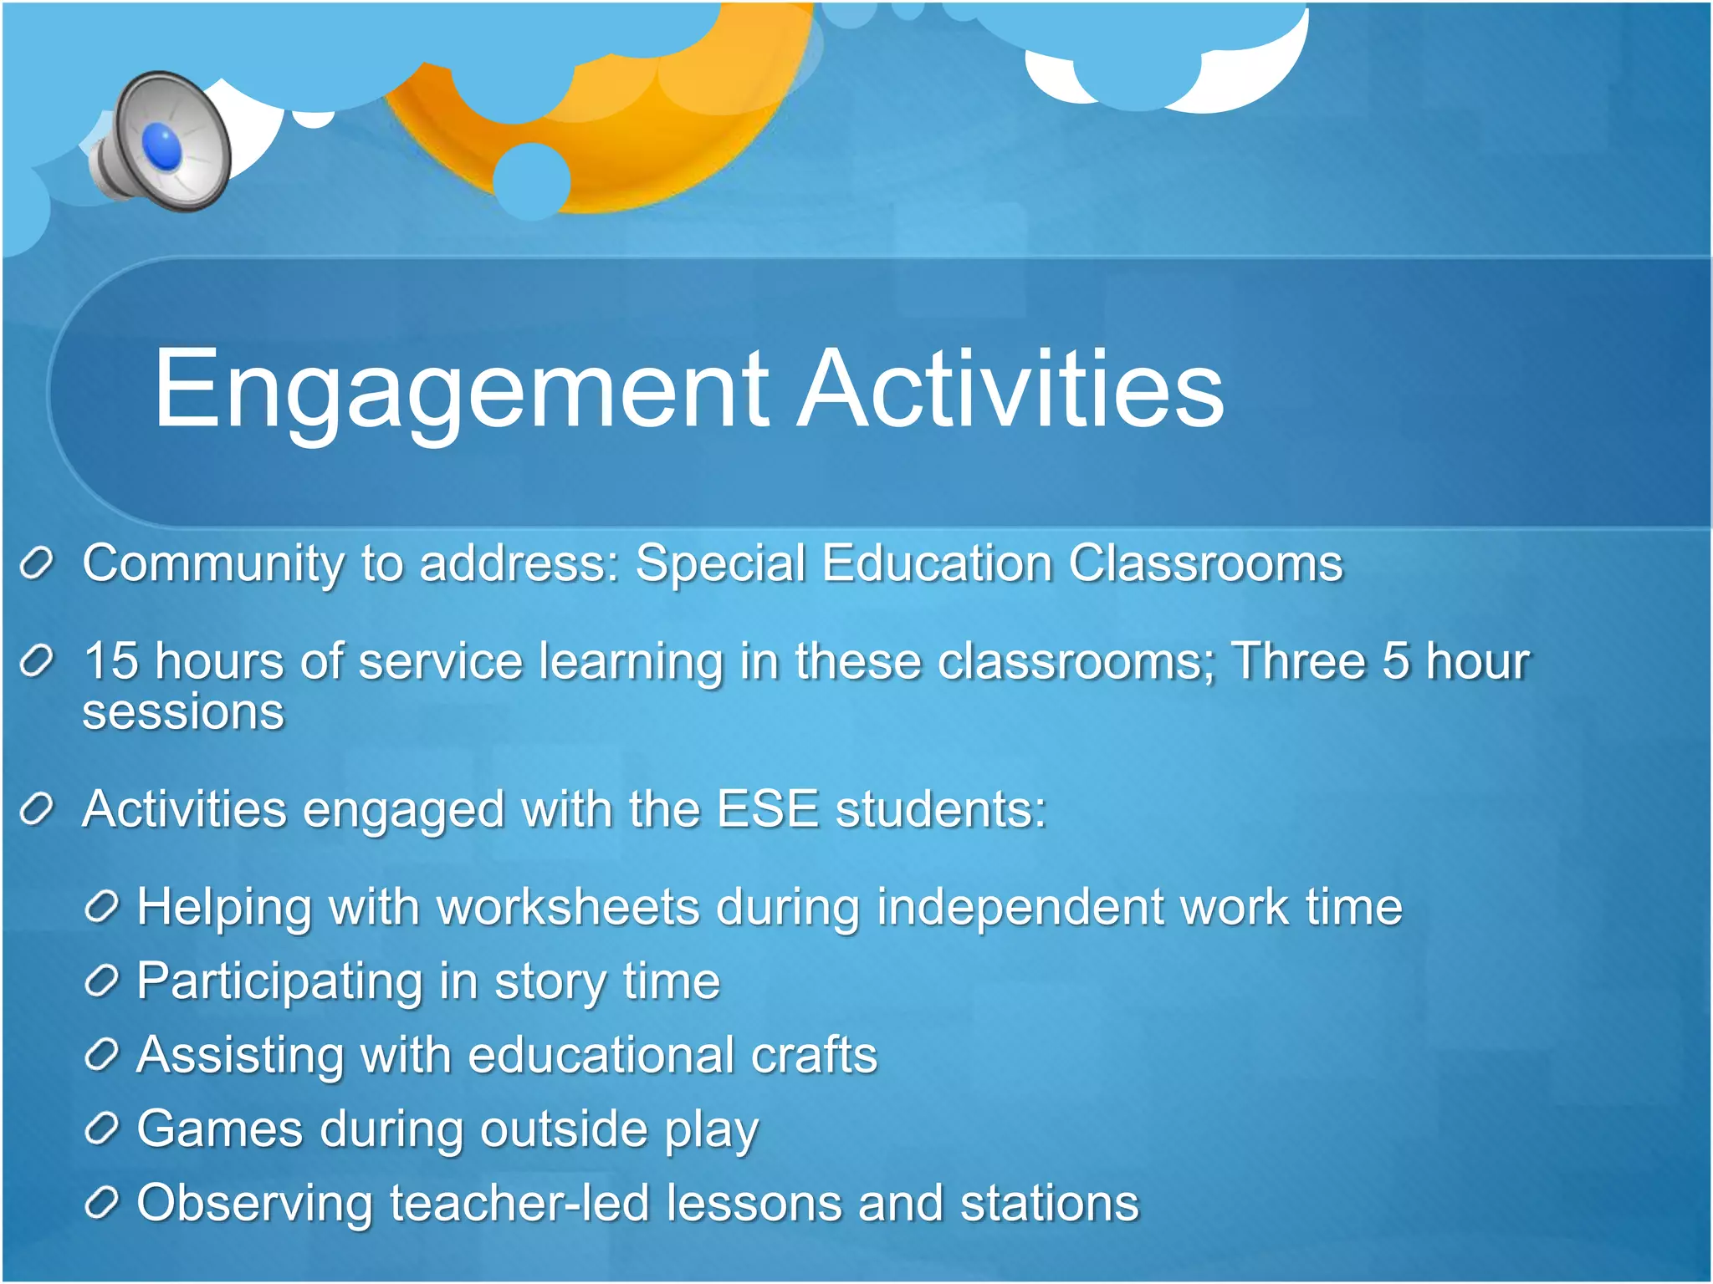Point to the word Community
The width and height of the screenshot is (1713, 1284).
212,563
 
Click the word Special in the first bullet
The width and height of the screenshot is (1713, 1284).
719,563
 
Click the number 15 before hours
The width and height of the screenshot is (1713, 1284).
110,661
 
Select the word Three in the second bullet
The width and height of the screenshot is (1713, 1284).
1296,661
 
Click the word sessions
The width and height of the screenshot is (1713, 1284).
183,712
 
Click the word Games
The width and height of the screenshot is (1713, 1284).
219,1129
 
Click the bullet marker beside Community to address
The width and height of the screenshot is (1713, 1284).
37,564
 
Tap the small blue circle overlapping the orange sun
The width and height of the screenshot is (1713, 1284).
531,181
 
